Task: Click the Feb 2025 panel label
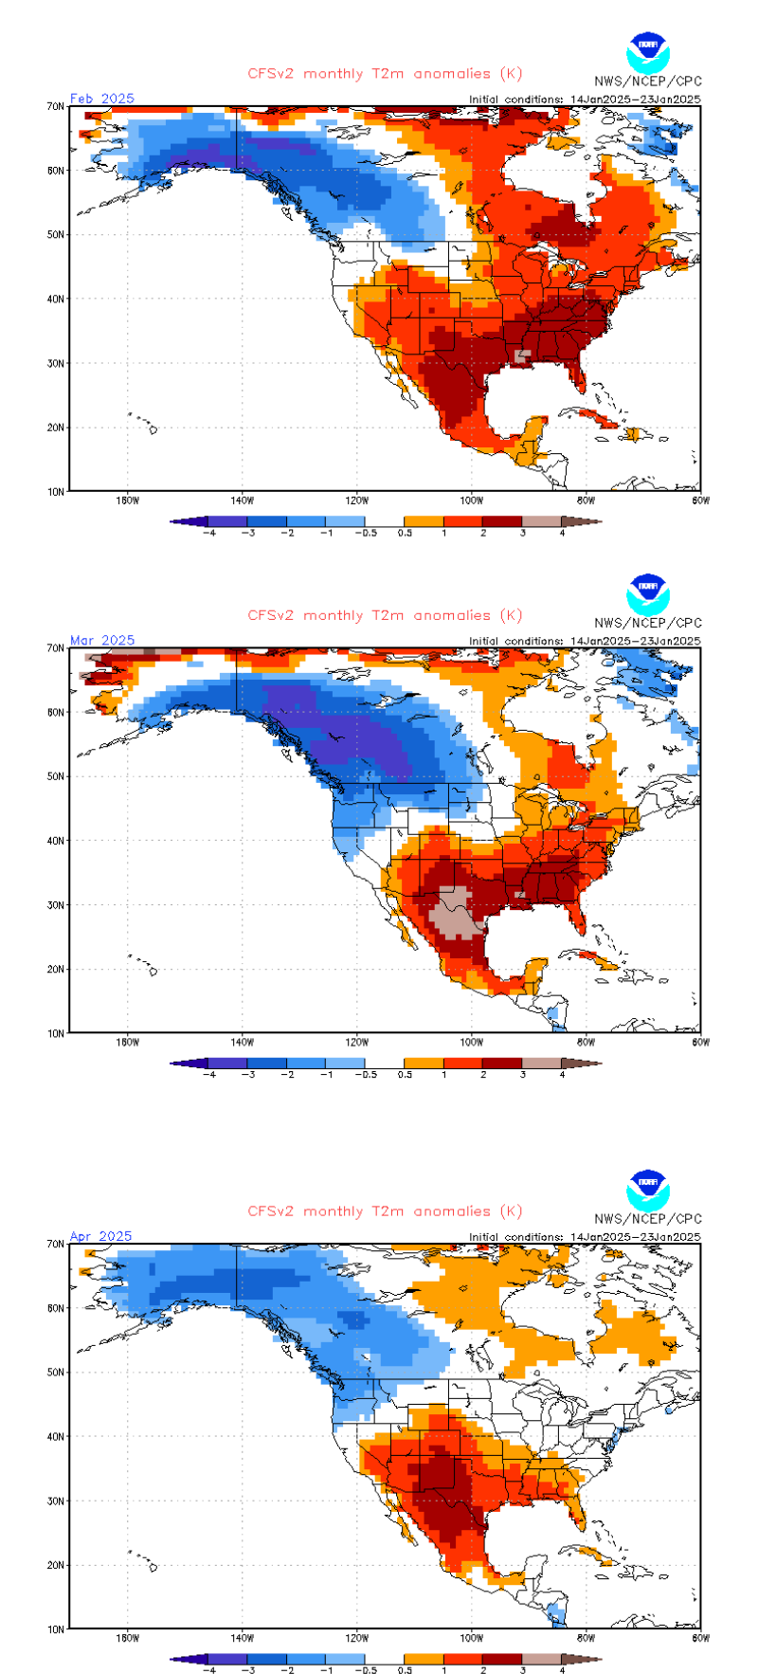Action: point(102,99)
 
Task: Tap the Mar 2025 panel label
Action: point(102,641)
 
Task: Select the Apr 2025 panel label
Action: point(100,1236)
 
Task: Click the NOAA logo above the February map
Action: point(648,53)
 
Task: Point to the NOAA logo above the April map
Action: point(648,1191)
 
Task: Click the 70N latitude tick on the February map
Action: point(56,107)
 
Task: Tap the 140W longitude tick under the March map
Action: point(242,1043)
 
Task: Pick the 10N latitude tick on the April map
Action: point(56,1629)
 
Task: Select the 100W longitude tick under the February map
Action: point(472,500)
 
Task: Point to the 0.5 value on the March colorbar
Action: point(405,1075)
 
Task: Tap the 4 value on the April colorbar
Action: point(562,1670)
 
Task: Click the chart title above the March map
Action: point(385,616)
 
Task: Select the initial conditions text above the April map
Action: point(585,1237)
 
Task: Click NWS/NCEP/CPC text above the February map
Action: point(648,82)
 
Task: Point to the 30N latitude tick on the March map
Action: point(56,905)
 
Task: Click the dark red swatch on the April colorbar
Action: point(502,1659)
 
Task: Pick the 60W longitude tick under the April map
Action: point(700,1638)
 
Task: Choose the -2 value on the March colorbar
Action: point(287,1075)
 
